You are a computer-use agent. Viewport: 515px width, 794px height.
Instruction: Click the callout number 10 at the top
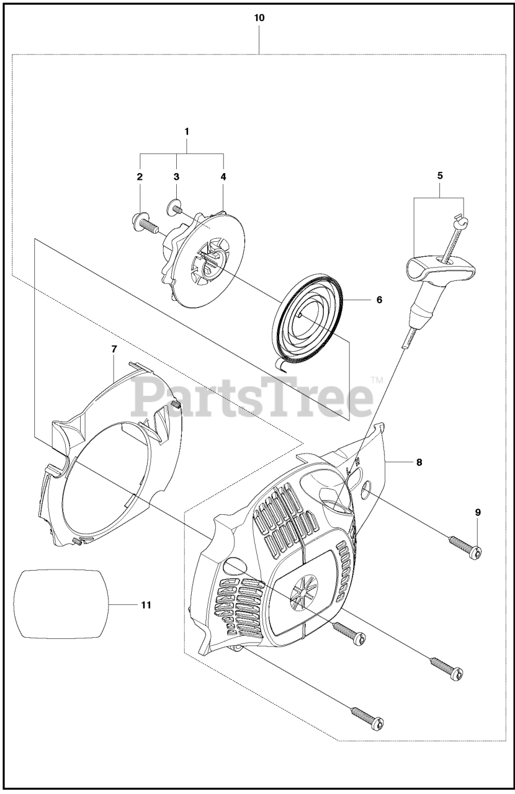(259, 18)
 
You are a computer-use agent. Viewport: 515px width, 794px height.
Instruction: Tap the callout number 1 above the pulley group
(186, 132)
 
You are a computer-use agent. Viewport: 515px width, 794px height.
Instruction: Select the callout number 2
(140, 176)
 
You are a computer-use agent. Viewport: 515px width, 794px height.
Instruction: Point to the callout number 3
(176, 176)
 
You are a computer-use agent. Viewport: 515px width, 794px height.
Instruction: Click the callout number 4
(223, 176)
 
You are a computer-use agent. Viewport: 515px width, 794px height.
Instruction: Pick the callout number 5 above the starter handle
(440, 176)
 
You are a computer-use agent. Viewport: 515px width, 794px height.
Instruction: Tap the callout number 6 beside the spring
(378, 300)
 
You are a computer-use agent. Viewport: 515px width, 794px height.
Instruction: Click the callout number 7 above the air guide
(114, 349)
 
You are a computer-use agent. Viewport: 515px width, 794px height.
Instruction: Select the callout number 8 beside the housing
(419, 462)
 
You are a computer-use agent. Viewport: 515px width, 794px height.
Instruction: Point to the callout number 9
(478, 512)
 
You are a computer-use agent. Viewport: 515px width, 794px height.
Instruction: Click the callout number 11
(146, 604)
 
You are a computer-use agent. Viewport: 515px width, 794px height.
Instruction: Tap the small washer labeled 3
(174, 205)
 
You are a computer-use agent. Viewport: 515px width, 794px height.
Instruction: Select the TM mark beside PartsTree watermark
(377, 380)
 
